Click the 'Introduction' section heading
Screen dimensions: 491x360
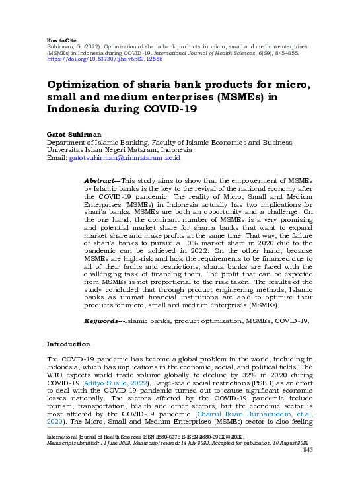pyautogui.click(x=67, y=344)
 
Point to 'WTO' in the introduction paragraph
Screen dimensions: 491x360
pyautogui.click(x=55, y=374)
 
